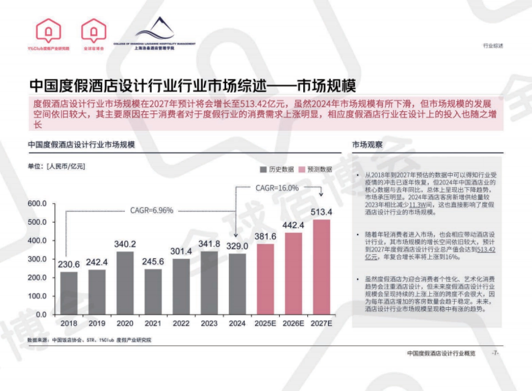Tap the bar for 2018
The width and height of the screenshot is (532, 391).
click(69, 293)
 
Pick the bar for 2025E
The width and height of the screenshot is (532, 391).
click(265, 279)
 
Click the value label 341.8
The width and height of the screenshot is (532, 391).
click(209, 244)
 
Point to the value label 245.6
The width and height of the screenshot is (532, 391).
click(153, 262)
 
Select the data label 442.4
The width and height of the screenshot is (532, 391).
click(293, 225)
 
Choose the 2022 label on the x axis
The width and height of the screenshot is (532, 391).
click(181, 324)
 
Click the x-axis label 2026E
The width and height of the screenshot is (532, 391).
click(293, 324)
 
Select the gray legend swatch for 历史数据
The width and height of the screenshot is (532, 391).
click(263, 169)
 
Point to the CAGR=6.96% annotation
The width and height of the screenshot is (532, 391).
click(151, 210)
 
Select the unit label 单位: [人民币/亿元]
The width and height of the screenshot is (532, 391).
click(56, 167)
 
